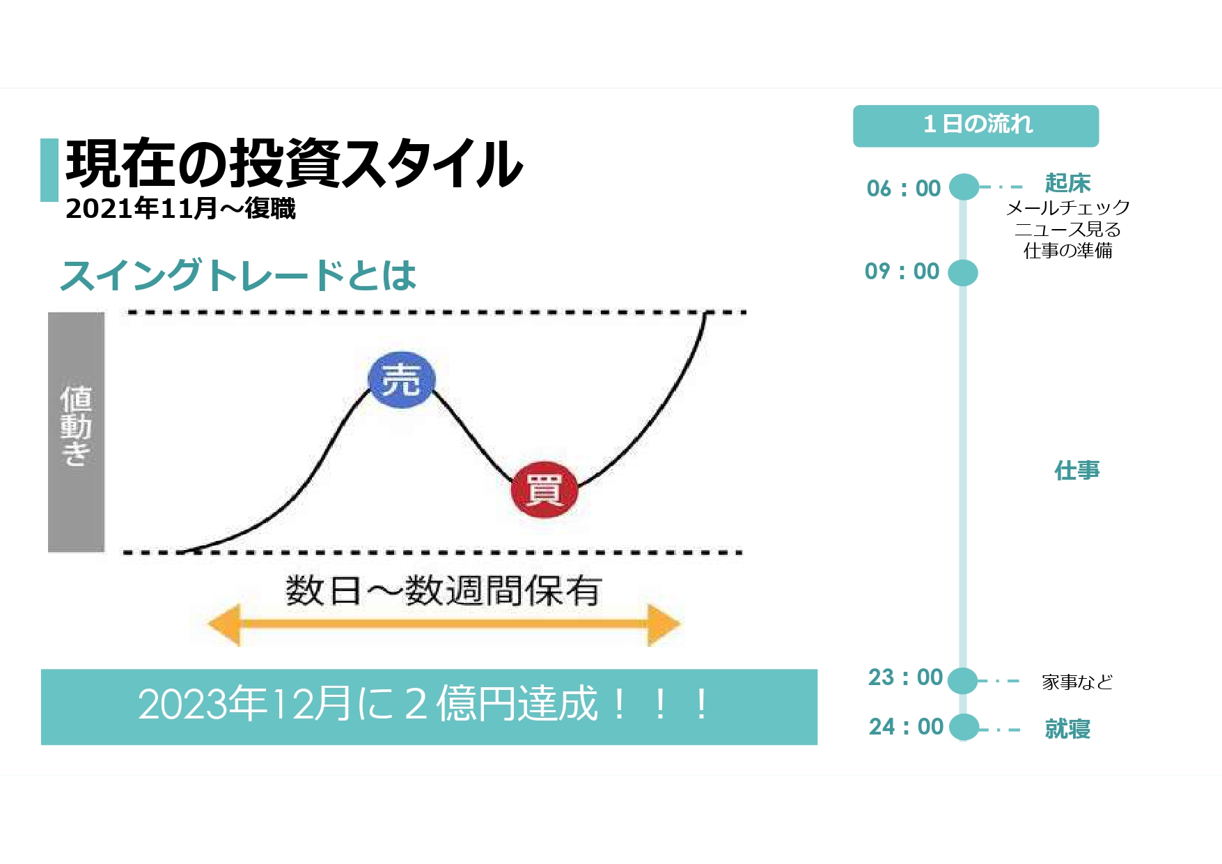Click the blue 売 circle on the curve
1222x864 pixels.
tap(402, 379)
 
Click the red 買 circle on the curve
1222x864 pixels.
tap(545, 489)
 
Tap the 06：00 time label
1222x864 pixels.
tap(903, 188)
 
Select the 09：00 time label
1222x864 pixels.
tap(902, 271)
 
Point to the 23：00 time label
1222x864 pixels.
tap(904, 677)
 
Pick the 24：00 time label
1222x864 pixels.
tap(905, 726)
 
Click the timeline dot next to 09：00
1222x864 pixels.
tap(963, 272)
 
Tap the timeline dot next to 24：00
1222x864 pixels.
tap(964, 728)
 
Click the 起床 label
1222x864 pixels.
tap(1067, 183)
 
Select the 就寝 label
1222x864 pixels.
tap(1067, 729)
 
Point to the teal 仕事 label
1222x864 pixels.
tap(1076, 471)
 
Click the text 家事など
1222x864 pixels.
tap(1077, 682)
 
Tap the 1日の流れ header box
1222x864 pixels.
tap(976, 126)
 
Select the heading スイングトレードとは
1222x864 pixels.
tap(239, 275)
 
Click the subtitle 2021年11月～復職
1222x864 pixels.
tap(180, 208)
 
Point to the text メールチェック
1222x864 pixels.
tap(1067, 207)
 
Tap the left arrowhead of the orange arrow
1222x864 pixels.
tap(224, 624)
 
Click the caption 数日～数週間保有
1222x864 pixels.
tap(443, 591)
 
